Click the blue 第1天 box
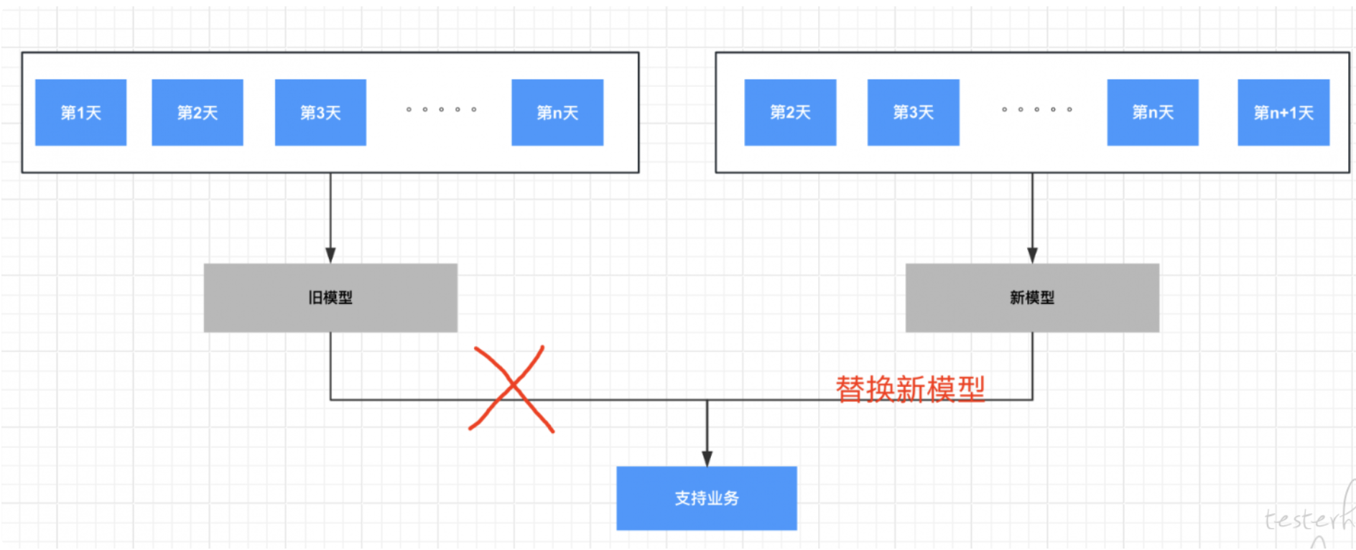(x=80, y=113)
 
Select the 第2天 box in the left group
(x=198, y=113)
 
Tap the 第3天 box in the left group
(x=320, y=113)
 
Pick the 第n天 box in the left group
(x=557, y=113)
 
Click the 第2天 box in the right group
(x=790, y=113)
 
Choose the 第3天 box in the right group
(x=913, y=113)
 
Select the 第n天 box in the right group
(x=1153, y=113)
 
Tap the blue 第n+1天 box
(x=1283, y=113)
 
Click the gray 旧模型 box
(x=330, y=297)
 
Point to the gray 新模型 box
(x=1032, y=297)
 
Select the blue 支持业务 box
(x=707, y=498)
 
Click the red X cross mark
(x=512, y=389)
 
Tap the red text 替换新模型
(x=910, y=389)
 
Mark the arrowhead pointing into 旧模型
(x=330, y=256)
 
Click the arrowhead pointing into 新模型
(x=1032, y=256)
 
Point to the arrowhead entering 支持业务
(x=707, y=459)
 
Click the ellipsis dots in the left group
(x=441, y=110)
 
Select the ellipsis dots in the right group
(x=1036, y=110)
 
